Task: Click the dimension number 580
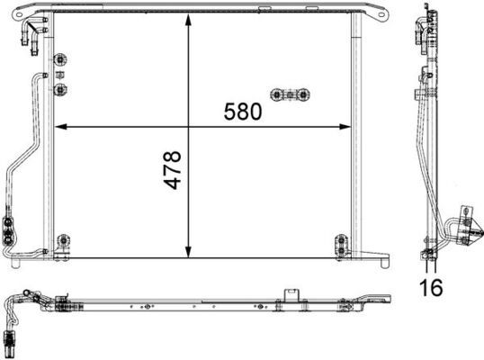click(x=243, y=112)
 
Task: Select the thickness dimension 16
click(x=432, y=289)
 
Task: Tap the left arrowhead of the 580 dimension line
click(x=60, y=125)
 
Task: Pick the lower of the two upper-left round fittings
click(x=61, y=89)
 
